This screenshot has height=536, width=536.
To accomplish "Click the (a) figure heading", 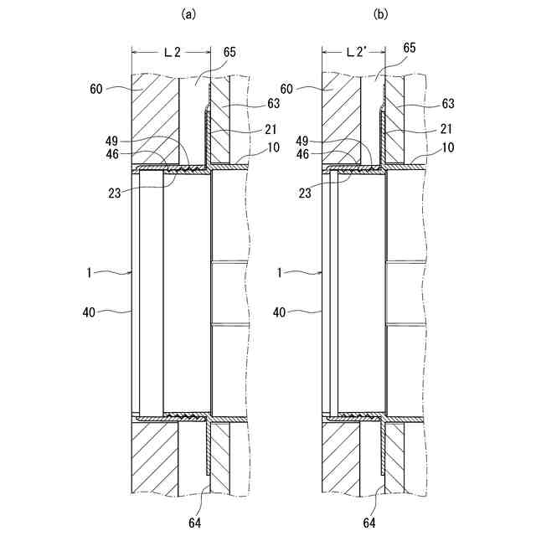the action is tap(188, 13).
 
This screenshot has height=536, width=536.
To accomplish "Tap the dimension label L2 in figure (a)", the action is tap(172, 52).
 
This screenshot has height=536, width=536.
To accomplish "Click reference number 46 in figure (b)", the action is tap(304, 155).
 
